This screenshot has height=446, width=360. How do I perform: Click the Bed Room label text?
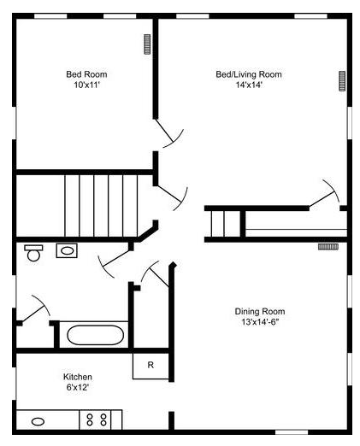click(86, 74)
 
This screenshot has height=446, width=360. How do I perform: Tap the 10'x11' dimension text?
click(86, 85)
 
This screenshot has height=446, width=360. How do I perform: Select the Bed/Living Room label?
click(249, 74)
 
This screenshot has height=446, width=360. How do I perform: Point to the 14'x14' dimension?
click(249, 85)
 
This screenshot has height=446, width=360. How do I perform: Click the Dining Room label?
click(260, 311)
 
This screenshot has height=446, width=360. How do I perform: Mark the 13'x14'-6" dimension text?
click(260, 322)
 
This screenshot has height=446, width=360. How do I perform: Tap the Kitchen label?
click(78, 377)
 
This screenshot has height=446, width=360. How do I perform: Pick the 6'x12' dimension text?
click(78, 387)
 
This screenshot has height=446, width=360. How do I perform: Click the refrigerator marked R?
click(150, 366)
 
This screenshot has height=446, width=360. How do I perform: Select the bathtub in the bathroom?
click(95, 335)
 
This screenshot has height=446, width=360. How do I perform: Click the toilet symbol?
click(33, 253)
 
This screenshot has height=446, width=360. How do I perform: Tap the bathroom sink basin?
click(67, 250)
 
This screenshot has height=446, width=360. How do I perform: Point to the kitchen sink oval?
click(38, 421)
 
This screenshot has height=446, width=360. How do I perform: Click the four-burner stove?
click(95, 420)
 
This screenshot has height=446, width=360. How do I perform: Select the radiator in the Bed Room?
click(147, 44)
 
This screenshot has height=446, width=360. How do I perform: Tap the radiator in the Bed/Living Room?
click(342, 81)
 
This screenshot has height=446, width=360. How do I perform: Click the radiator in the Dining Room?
click(328, 247)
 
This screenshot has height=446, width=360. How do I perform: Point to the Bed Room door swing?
click(169, 134)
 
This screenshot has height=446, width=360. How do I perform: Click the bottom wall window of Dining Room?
click(292, 432)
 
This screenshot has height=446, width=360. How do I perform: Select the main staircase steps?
click(101, 206)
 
